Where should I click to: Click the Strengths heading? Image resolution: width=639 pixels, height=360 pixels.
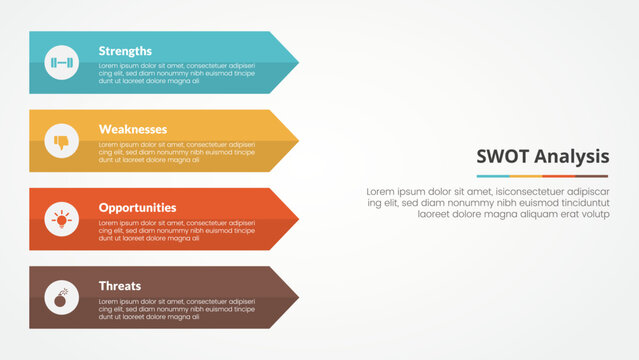click(125, 51)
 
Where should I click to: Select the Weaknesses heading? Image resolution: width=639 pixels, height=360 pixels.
click(133, 129)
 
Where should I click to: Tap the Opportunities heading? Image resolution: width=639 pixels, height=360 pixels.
click(137, 208)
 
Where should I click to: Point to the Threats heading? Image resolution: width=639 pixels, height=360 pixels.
click(120, 286)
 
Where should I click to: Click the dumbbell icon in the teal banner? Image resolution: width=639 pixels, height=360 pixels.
click(62, 62)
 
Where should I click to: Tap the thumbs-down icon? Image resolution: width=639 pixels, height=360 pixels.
click(62, 141)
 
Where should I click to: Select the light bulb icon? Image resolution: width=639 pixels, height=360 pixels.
click(62, 219)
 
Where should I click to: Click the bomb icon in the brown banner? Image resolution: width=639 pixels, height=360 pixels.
click(62, 297)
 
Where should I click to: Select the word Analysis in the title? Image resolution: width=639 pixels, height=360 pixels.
click(568, 156)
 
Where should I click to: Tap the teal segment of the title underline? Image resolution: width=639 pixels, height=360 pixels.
click(493, 176)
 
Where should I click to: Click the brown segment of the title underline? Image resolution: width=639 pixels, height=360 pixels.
click(592, 176)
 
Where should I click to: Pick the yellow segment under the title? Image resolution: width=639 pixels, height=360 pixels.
click(526, 176)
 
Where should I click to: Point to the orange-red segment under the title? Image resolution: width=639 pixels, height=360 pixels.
click(559, 176)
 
